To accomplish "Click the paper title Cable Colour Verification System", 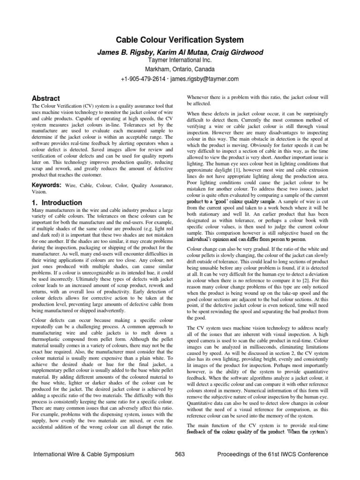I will [180, 40].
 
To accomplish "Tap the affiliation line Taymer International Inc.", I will [180, 60].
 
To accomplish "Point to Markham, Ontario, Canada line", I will [180, 69].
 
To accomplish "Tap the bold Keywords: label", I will [46, 186].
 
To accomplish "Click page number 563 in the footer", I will [180, 454].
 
